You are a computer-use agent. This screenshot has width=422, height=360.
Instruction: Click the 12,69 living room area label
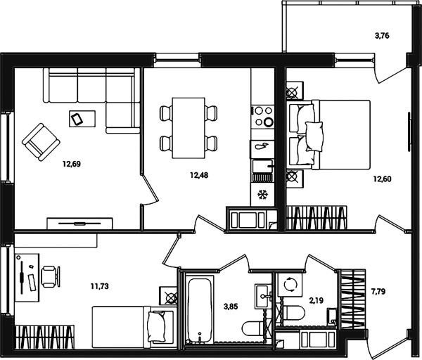(x=72, y=164)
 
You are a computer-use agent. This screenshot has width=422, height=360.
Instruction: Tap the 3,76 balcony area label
(x=382, y=36)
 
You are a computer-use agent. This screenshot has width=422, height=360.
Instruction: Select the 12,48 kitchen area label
(x=199, y=175)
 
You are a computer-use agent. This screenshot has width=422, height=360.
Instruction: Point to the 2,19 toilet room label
(x=316, y=300)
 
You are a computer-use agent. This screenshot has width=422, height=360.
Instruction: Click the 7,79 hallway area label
(x=378, y=291)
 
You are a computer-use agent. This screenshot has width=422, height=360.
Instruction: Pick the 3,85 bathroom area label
(x=231, y=306)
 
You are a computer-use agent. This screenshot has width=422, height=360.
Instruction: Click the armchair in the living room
(x=41, y=142)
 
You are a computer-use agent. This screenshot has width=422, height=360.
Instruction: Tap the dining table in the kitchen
(x=188, y=128)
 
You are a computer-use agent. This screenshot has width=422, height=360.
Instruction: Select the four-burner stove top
(x=262, y=117)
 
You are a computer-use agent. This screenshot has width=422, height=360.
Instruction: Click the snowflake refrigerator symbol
(x=262, y=195)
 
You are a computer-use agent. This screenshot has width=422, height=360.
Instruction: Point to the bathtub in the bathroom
(x=199, y=311)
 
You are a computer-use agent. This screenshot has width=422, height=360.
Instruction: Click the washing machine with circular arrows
(x=290, y=285)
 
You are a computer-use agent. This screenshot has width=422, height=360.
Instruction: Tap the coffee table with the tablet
(x=82, y=119)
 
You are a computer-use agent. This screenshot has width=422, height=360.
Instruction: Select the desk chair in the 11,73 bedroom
(x=51, y=276)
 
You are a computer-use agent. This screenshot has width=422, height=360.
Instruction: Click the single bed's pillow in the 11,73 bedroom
(x=156, y=327)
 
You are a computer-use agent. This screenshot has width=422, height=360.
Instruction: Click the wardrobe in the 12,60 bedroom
(x=316, y=218)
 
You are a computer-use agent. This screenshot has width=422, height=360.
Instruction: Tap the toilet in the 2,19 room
(x=294, y=312)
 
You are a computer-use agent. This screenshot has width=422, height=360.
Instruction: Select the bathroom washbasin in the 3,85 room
(x=262, y=296)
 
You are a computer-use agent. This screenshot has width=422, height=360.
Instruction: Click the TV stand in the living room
(x=79, y=224)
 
